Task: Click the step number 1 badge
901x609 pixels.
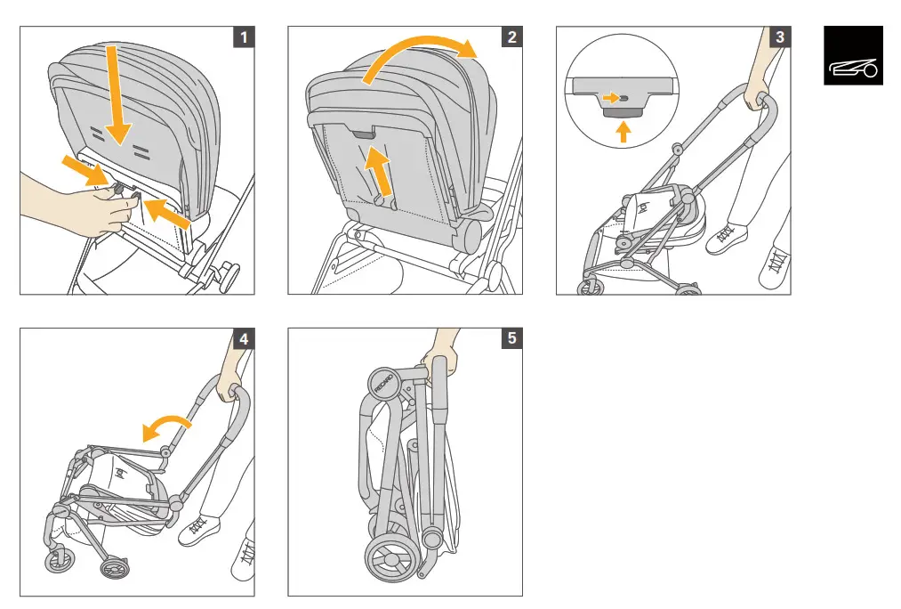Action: coord(244,37)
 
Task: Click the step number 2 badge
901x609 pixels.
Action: coord(511,37)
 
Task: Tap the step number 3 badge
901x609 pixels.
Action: coord(779,37)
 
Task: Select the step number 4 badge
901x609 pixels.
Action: coord(244,339)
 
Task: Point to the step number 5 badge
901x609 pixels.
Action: coord(511,339)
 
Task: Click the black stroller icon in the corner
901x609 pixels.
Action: coord(853,55)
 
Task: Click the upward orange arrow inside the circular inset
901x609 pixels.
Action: coord(624,132)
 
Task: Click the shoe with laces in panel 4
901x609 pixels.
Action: coord(201,532)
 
